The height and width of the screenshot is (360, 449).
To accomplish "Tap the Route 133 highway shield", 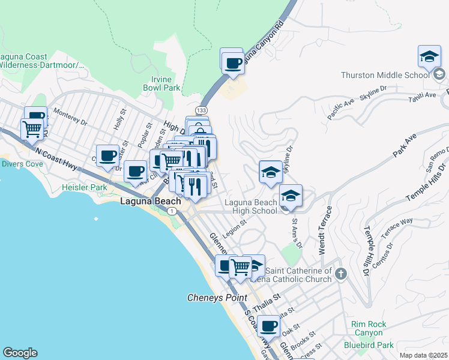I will [x=202, y=110].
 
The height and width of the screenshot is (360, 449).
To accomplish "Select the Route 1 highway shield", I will [x=173, y=211].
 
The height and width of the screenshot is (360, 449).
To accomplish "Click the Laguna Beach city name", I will [x=150, y=202].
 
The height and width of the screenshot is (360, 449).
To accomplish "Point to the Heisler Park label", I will [x=84, y=188].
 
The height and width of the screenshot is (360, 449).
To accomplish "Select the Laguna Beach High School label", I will [x=251, y=206].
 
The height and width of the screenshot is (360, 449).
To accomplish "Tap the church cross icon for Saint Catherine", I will [x=341, y=274].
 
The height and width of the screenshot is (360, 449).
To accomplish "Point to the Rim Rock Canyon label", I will [x=367, y=328].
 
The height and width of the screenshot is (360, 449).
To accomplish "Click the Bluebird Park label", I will [x=369, y=345].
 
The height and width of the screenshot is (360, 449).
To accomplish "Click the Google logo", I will [x=20, y=353].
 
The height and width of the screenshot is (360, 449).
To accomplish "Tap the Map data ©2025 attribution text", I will [x=423, y=355].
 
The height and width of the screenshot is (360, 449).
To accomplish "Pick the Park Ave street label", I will [x=405, y=147].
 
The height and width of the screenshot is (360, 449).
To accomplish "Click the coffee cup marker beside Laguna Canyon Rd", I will [x=233, y=63].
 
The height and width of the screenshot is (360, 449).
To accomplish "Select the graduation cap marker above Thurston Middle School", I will [x=429, y=57].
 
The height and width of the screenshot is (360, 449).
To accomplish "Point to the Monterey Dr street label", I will [x=70, y=116].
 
